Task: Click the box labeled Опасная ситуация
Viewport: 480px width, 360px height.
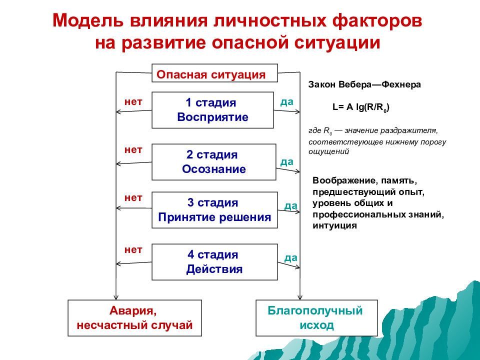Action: [x=214, y=73]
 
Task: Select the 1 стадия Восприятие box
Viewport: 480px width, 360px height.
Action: [x=212, y=110]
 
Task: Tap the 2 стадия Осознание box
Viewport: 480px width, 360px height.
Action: [x=213, y=162]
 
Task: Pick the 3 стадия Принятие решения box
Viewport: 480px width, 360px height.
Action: [x=214, y=210]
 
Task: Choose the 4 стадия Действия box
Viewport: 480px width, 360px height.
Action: [x=214, y=262]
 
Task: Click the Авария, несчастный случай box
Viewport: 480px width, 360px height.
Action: [x=134, y=318]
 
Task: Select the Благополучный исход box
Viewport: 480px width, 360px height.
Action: [x=316, y=318]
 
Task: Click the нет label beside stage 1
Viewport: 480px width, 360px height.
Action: [x=133, y=101]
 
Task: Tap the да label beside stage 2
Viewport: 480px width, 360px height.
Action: [x=287, y=161]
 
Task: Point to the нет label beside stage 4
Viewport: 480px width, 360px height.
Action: [x=133, y=250]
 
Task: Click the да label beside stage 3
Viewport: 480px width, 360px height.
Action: [x=291, y=205]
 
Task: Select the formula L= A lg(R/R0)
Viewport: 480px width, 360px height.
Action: [x=361, y=107]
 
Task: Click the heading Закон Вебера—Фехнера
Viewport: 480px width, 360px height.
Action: [x=364, y=84]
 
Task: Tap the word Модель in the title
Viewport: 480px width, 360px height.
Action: [x=88, y=21]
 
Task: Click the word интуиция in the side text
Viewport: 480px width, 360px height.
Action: [x=334, y=225]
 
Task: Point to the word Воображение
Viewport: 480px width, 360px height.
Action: [x=344, y=180]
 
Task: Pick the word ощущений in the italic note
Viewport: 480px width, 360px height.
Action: [x=328, y=151]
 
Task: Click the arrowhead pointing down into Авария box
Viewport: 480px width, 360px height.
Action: [x=115, y=297]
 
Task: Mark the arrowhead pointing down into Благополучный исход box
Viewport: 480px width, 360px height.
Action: [x=299, y=297]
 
